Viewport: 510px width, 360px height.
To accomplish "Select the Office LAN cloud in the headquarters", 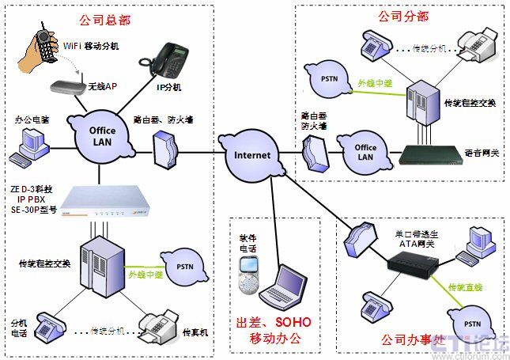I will [101, 137].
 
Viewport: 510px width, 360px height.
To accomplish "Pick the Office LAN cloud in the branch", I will [365, 153].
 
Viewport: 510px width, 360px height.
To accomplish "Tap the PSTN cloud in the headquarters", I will [184, 266].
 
